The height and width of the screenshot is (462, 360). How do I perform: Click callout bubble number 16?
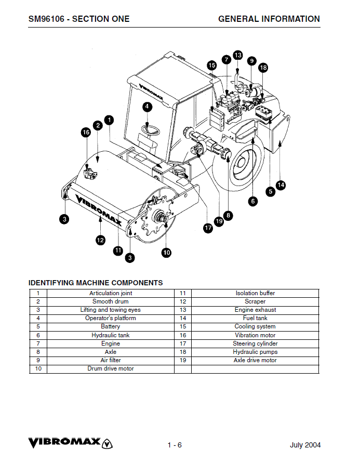click(86, 133)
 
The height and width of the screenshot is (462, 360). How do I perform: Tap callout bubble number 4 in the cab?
click(148, 107)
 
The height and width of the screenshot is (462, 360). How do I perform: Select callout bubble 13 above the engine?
click(237, 55)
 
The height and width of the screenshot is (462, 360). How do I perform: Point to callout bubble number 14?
click(281, 184)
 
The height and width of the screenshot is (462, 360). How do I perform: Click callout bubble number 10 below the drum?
click(166, 253)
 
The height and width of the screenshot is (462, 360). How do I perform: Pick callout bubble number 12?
click(100, 240)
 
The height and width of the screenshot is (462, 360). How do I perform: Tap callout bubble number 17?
click(208, 228)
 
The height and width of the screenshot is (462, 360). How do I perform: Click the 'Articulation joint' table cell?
click(111, 293)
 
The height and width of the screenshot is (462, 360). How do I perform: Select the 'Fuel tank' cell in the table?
click(255, 318)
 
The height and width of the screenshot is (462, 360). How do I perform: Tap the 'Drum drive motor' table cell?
click(111, 368)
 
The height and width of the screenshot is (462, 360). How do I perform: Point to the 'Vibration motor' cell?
click(255, 335)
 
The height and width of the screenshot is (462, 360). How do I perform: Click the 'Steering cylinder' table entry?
click(255, 344)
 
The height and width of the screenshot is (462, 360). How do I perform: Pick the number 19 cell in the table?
click(182, 360)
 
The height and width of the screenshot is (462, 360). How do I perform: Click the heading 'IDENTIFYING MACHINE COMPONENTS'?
click(96, 283)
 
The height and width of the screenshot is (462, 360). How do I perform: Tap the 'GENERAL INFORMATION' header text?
click(269, 19)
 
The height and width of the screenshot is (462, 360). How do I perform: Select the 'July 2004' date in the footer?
click(305, 445)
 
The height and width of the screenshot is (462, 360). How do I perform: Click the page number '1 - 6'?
click(175, 445)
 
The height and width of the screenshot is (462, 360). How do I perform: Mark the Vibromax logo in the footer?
click(70, 443)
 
